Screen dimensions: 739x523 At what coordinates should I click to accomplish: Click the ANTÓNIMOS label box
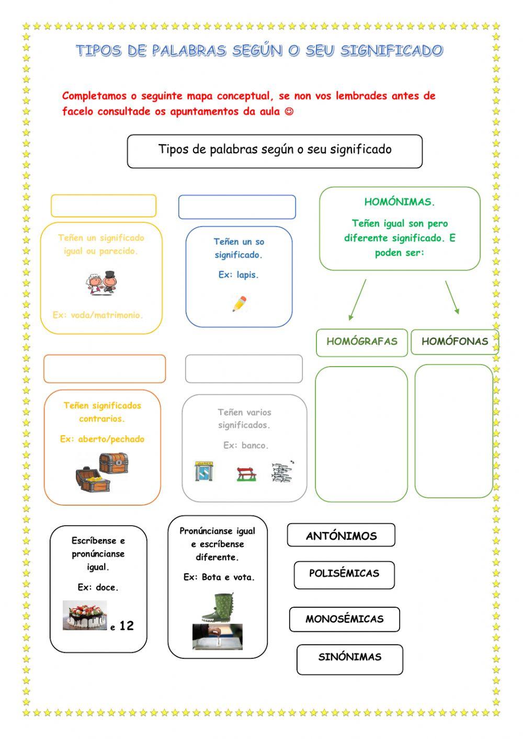coord(341,535)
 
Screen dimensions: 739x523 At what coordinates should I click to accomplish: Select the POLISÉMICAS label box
coord(344,574)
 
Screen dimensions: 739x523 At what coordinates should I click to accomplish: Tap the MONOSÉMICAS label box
coord(345,619)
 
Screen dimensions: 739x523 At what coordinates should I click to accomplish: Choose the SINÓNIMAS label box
coord(350,657)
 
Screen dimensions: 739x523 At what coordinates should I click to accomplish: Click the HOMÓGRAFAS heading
coord(362,342)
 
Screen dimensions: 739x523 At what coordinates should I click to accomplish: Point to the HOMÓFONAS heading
coord(454,342)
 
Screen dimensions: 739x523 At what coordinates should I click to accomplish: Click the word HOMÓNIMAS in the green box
coord(400,202)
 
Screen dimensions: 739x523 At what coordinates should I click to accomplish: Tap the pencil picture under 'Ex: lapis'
coord(240,303)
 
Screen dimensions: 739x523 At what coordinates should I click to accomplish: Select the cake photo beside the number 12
coord(85,615)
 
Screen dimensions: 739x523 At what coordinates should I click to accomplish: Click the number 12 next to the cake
coord(127,626)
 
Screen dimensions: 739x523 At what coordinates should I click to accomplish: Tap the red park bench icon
coord(246,473)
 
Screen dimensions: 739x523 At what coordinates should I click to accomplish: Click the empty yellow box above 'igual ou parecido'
coord(104,206)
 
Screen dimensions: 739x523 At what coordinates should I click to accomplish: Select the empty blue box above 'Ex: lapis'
coord(237,207)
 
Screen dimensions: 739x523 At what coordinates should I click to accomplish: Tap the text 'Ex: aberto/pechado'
coord(102,439)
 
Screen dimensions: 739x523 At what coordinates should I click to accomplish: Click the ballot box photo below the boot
coord(217,636)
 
